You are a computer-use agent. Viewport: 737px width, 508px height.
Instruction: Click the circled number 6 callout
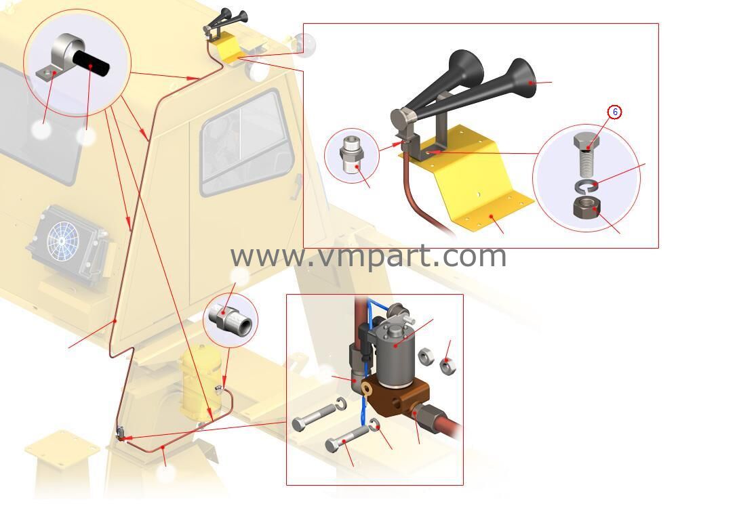[615, 112]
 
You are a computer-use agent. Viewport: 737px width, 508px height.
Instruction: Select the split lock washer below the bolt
[586, 186]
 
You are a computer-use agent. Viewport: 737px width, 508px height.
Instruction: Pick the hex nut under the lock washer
[586, 207]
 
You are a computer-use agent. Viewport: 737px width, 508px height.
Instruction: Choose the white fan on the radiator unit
[63, 241]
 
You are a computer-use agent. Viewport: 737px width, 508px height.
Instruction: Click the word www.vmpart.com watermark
[368, 256]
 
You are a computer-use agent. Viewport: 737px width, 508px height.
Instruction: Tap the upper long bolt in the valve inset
[314, 418]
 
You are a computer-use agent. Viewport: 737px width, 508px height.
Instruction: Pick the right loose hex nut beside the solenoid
[447, 365]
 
